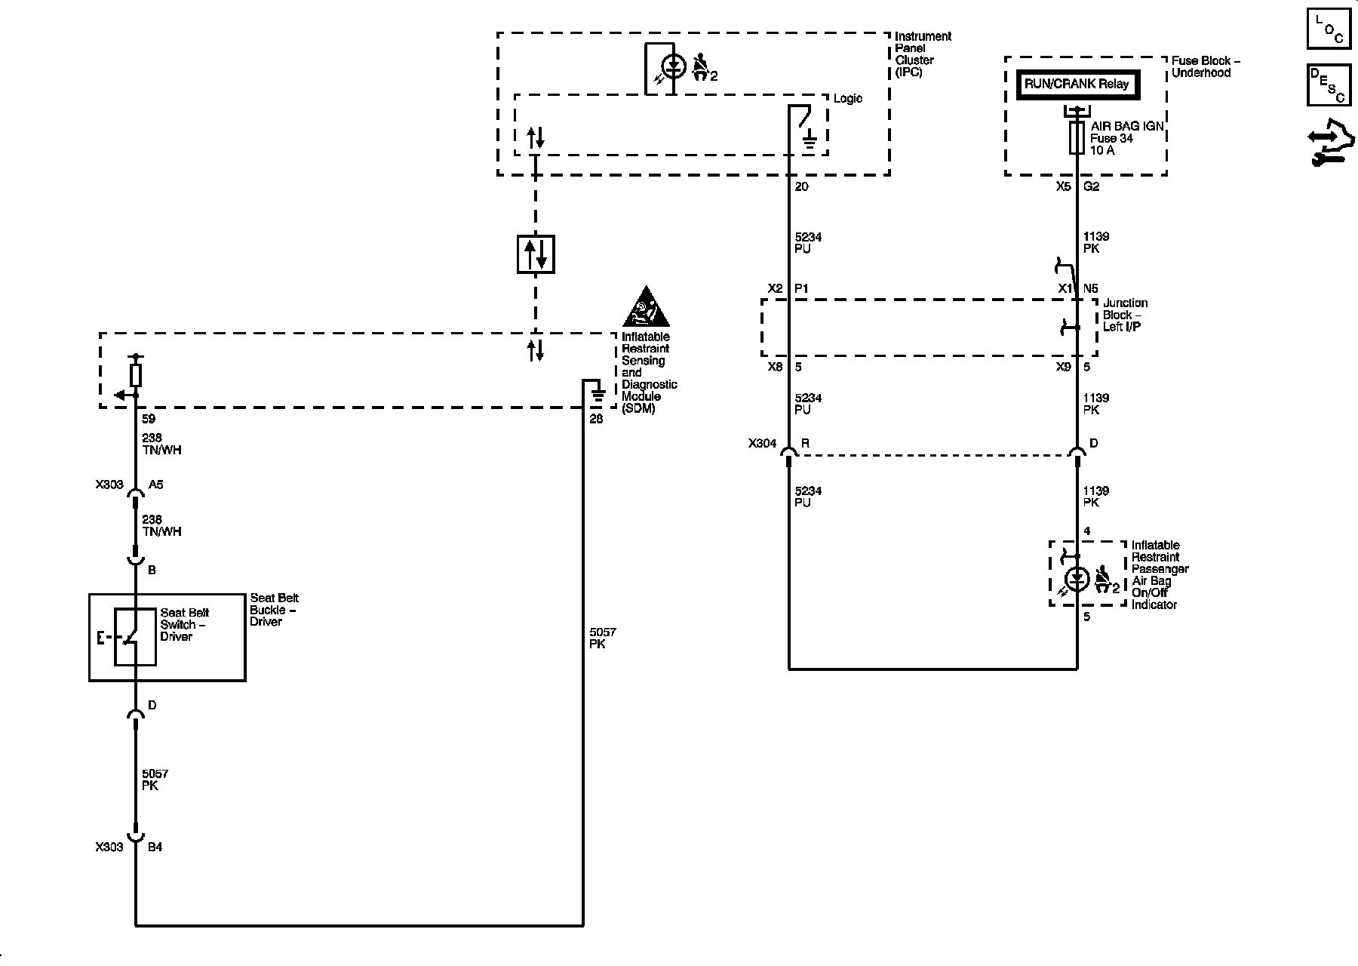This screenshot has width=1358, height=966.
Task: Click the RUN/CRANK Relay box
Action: [x=1077, y=85]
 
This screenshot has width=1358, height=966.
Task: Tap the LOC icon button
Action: [x=1329, y=29]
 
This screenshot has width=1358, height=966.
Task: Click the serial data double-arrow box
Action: [x=536, y=254]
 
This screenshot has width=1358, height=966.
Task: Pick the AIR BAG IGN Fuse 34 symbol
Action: [x=1077, y=138]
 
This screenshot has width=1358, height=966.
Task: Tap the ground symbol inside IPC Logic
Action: [x=810, y=139]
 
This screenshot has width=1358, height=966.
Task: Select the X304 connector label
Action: [x=762, y=444]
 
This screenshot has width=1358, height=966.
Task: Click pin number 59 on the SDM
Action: [x=149, y=419]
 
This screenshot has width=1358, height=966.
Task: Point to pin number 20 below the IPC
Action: [x=801, y=186]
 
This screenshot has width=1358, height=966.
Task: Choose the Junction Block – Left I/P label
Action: [x=1125, y=315]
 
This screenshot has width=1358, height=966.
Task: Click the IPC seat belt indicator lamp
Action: [x=677, y=66]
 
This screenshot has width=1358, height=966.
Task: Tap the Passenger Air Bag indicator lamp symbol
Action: [x=1077, y=580]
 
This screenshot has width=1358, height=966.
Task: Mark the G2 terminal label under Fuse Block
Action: [x=1091, y=186]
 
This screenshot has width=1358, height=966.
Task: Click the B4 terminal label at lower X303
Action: [x=155, y=847]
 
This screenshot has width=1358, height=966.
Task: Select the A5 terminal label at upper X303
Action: [x=155, y=485]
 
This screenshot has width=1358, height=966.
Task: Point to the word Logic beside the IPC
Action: [x=847, y=99]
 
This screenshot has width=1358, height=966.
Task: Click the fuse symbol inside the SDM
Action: [x=136, y=374]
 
